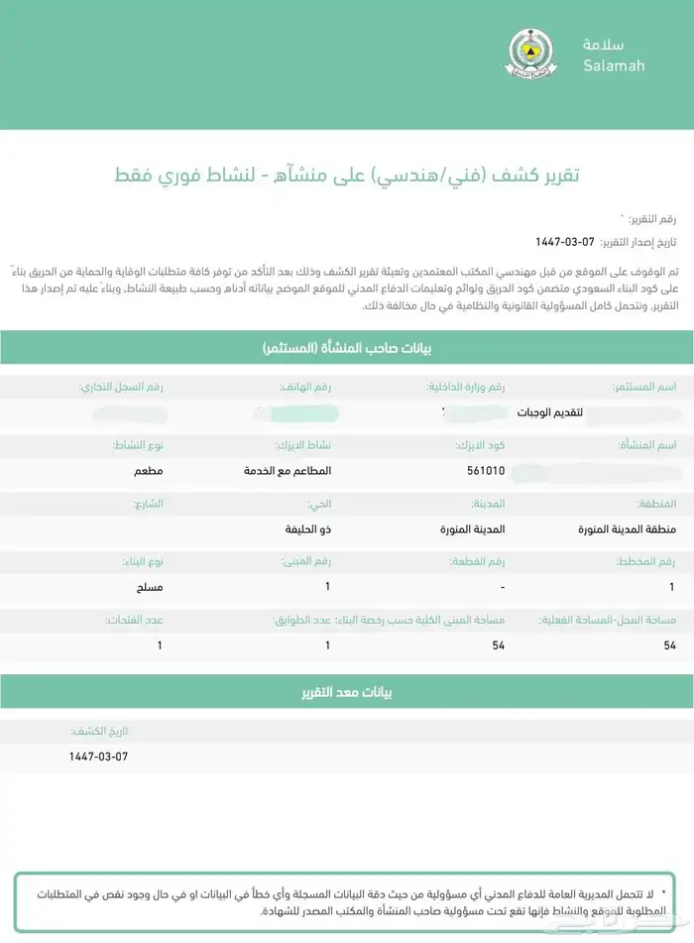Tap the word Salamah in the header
(x=614, y=66)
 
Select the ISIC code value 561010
(x=486, y=471)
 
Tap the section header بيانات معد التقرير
(x=347, y=692)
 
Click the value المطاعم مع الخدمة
(x=289, y=471)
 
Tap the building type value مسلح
(x=150, y=587)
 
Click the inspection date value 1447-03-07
(x=98, y=756)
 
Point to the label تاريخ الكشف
(x=101, y=731)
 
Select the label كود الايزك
(x=480, y=444)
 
